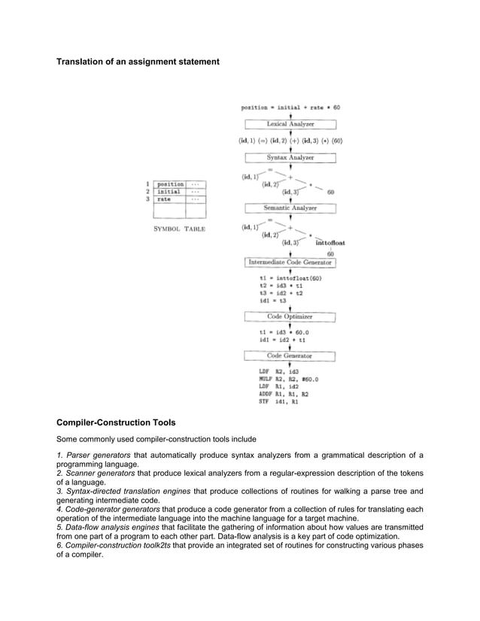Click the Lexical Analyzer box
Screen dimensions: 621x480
(x=290, y=124)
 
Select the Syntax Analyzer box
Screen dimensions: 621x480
(x=290, y=158)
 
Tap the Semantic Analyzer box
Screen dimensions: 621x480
(x=290, y=208)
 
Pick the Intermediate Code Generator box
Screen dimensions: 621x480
(x=290, y=262)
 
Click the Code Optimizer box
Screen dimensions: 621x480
(x=290, y=317)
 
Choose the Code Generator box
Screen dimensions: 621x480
(x=290, y=356)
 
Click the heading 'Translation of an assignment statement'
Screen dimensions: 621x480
(x=138, y=60)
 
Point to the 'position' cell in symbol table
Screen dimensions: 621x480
(x=170, y=184)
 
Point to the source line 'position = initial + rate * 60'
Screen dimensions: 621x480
(x=290, y=108)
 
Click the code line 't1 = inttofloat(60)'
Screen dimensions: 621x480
(x=290, y=278)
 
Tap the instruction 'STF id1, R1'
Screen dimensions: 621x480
(x=278, y=401)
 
